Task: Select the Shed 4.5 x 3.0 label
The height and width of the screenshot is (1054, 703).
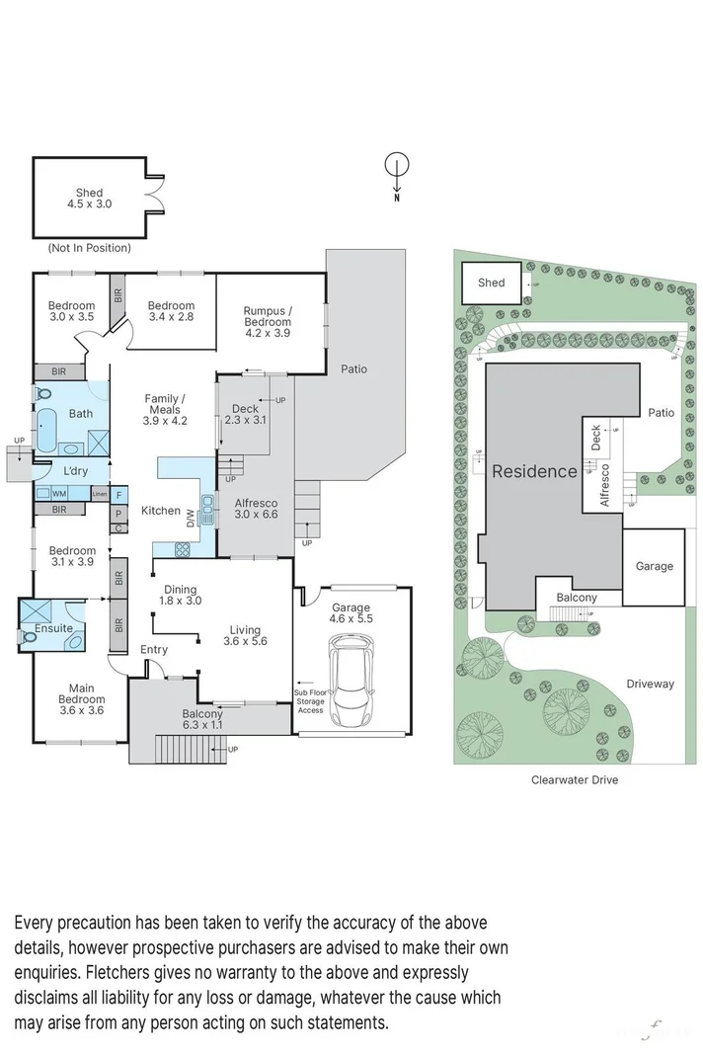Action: (90, 200)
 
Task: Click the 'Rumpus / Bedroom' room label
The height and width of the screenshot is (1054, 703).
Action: (268, 322)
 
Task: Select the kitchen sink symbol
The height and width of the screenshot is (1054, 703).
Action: (207, 509)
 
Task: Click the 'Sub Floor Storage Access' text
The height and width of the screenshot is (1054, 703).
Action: (310, 701)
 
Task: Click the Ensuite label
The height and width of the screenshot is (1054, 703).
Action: (54, 628)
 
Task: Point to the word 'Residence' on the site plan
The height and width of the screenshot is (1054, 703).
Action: (534, 471)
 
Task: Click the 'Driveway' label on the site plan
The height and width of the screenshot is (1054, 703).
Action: (650, 684)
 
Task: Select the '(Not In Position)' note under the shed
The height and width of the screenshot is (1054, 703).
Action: (89, 248)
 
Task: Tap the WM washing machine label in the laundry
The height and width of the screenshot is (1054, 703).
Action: (58, 493)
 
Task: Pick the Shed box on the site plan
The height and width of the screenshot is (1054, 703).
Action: (492, 284)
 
